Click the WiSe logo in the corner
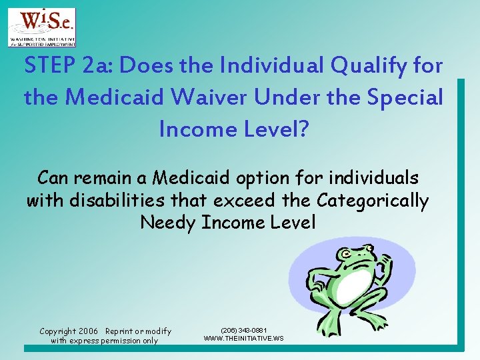(41, 27)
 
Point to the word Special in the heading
(403, 97)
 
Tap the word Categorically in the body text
(373, 200)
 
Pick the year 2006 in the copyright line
(88, 331)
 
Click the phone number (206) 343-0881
(244, 330)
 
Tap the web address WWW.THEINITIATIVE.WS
(244, 338)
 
